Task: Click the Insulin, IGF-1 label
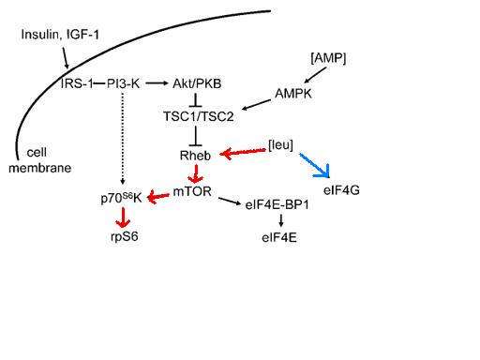pos(60,35)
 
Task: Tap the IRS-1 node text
pos(77,83)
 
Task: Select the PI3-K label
pos(123,83)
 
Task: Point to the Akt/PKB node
pos(197,83)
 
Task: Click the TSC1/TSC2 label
pos(199,116)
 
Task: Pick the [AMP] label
pos(328,58)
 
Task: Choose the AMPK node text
pos(293,94)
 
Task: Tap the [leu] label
pos(280,145)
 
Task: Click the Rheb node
pos(195,156)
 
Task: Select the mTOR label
pos(192,191)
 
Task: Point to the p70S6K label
pos(122,198)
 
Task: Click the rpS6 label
pos(125,236)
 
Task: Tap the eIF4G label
pos(341,190)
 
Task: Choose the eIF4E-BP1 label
pos(277,205)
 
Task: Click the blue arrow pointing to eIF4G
pos(314,165)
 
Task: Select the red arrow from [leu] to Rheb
pos(243,153)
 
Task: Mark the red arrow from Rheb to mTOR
pos(196,173)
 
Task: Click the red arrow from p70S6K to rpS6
pos(123,217)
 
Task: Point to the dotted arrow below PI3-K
pos(123,138)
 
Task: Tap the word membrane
pos(40,168)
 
